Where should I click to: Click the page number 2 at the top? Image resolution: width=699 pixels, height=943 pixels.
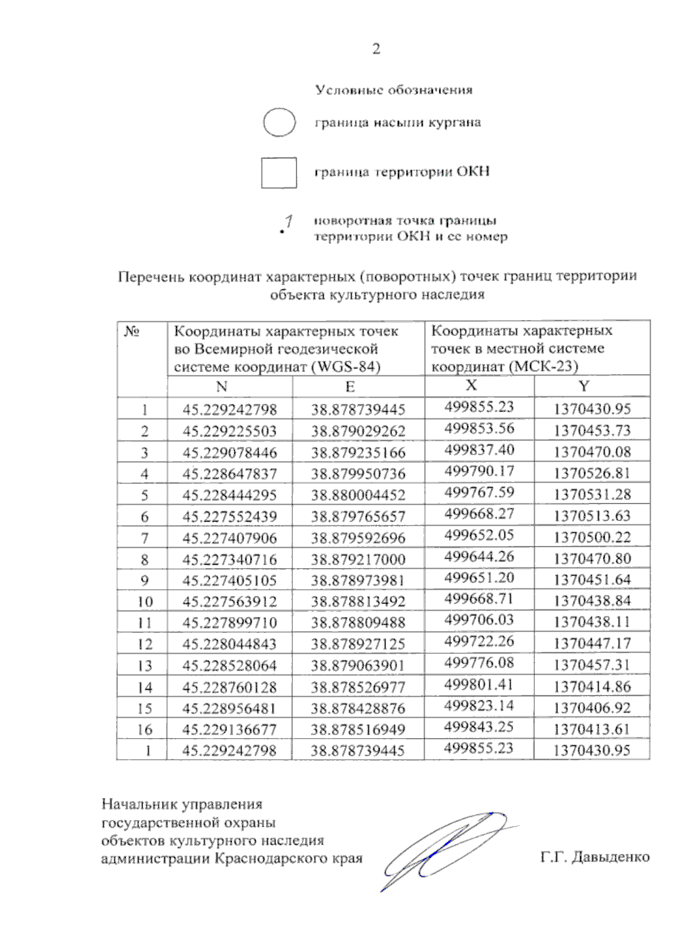(376, 49)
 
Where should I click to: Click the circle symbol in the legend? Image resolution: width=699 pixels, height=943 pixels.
(280, 122)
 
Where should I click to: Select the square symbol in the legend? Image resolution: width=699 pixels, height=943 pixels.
(279, 172)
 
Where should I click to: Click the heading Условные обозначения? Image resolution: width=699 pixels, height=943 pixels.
(394, 90)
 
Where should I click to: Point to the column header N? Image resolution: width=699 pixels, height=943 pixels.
(221, 387)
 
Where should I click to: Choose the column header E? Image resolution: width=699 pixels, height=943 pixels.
(349, 387)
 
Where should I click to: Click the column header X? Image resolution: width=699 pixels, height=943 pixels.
(472, 385)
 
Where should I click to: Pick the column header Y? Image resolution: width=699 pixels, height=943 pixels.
(584, 386)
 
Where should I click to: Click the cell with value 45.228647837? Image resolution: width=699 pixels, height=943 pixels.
(230, 474)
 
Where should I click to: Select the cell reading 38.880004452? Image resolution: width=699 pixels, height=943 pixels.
(358, 495)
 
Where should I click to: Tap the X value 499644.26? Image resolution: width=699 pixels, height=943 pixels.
(479, 556)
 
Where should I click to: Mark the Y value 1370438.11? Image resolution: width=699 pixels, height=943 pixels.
(592, 622)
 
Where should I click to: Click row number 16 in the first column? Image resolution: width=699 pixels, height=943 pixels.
(144, 729)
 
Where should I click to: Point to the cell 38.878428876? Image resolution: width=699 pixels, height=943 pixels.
(358, 708)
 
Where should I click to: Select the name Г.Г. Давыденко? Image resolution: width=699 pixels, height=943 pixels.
(595, 857)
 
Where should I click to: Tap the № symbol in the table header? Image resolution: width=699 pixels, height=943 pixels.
(132, 331)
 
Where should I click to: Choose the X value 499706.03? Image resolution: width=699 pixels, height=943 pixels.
(479, 620)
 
